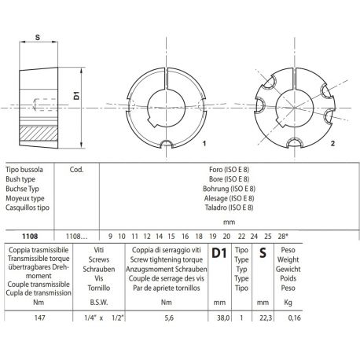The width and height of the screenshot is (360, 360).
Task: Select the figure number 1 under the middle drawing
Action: pyautogui.click(x=204, y=145)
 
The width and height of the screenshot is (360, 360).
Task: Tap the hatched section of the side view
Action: pyautogui.click(x=39, y=134)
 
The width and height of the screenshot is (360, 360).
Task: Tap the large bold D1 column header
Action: pyautogui.click(x=220, y=253)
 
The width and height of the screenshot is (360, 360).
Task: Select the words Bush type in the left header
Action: pyautogui.click(x=21, y=178)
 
